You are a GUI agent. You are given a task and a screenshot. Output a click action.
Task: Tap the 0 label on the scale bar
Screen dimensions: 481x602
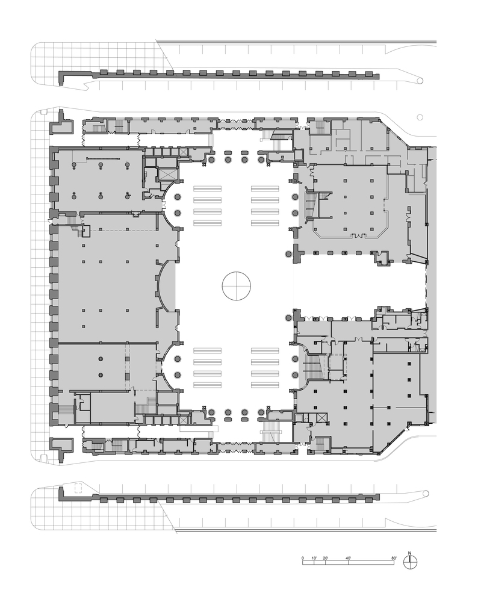(x=302, y=557)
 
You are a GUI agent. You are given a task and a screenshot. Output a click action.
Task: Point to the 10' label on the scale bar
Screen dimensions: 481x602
(x=314, y=557)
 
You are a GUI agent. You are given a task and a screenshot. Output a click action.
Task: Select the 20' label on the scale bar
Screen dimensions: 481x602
(x=326, y=557)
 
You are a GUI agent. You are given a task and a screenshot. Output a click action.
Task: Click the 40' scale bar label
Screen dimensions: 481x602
(x=349, y=557)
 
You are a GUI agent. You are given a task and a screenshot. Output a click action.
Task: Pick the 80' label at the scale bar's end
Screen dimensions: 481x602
(x=394, y=557)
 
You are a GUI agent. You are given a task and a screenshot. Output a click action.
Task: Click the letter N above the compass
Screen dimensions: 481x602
(x=409, y=553)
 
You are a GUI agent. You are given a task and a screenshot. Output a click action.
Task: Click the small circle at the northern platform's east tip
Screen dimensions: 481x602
(x=420, y=81)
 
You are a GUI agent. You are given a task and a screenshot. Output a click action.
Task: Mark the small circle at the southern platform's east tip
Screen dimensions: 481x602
(x=426, y=493)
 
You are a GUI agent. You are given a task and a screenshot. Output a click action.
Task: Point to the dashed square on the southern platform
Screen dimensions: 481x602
(x=78, y=488)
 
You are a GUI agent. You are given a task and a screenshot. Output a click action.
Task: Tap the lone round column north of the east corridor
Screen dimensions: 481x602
(x=288, y=254)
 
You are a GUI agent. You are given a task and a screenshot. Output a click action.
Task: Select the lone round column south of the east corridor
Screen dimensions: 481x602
(x=288, y=317)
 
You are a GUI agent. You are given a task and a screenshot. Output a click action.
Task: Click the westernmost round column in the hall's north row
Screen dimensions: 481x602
(x=211, y=160)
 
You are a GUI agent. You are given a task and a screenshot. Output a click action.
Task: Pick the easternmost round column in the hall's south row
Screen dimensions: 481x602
(x=261, y=412)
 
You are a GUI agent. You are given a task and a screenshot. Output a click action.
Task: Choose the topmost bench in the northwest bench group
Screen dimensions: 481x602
(x=207, y=188)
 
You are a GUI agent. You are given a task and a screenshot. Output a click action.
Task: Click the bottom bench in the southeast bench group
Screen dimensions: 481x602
(x=265, y=384)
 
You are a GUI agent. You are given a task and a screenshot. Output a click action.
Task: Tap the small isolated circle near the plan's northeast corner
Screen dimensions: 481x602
(x=420, y=117)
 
